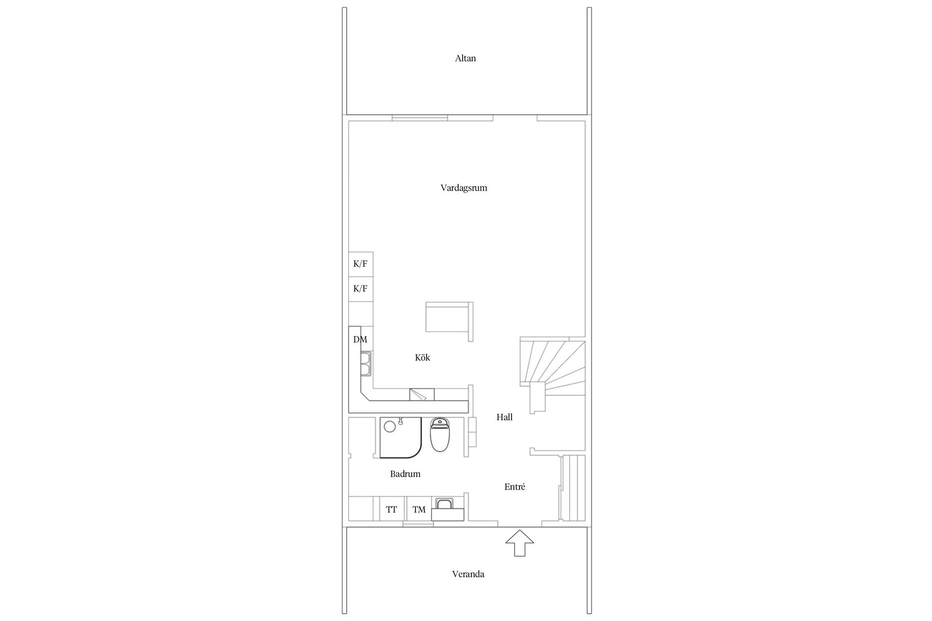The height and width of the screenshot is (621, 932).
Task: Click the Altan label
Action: point(465,58)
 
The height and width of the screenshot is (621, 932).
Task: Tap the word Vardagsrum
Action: point(464,188)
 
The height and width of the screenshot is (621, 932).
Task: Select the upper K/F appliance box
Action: point(361,264)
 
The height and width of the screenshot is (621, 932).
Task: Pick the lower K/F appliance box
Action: point(361,289)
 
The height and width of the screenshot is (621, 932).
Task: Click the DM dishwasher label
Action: point(360,340)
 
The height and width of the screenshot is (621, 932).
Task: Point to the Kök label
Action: point(422,358)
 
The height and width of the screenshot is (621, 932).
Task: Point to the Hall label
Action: point(504,417)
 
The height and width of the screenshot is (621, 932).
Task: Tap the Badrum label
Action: point(405,474)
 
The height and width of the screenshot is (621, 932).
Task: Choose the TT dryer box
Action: point(392,509)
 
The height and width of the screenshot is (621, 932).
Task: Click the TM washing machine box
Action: point(419,509)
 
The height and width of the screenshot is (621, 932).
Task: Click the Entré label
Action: point(515,487)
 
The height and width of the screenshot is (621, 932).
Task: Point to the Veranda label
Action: point(468,574)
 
